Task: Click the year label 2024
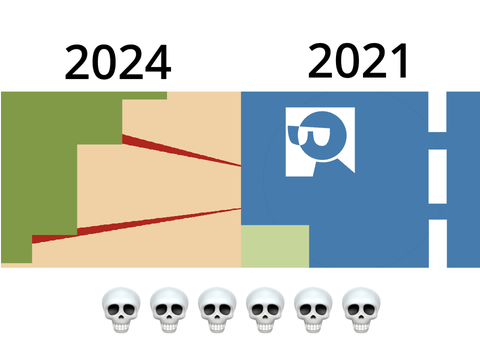click(x=118, y=62)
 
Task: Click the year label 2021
click(x=358, y=61)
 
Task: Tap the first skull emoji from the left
click(x=121, y=310)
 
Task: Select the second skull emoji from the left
click(x=169, y=310)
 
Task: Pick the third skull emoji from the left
click(x=217, y=310)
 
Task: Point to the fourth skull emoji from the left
click(x=265, y=310)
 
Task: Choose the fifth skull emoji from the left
click(x=313, y=310)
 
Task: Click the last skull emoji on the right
click(x=361, y=310)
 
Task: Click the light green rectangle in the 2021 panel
click(x=275, y=246)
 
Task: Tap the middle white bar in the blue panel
click(x=437, y=176)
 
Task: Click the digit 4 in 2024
click(x=157, y=63)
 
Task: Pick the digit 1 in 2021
click(x=400, y=61)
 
